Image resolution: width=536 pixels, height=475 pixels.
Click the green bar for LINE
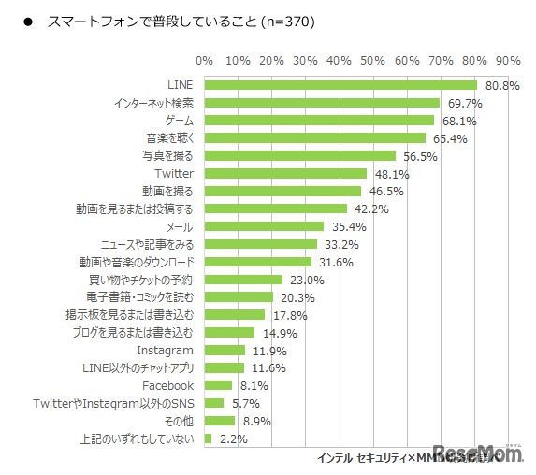pos(340,85)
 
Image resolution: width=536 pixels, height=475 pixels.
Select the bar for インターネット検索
pos(322,103)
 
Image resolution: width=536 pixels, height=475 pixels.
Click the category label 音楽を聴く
pos(169,138)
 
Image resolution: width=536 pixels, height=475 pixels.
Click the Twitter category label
pos(173,174)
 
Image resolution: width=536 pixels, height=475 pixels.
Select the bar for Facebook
pos(218,385)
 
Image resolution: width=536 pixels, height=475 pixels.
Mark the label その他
pos(181,421)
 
